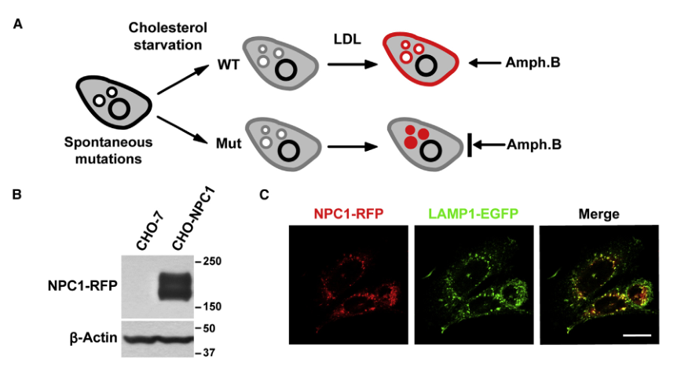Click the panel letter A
click(x=17, y=24)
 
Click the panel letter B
click(x=16, y=193)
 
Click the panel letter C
click(x=265, y=193)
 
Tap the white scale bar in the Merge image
click(x=638, y=335)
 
